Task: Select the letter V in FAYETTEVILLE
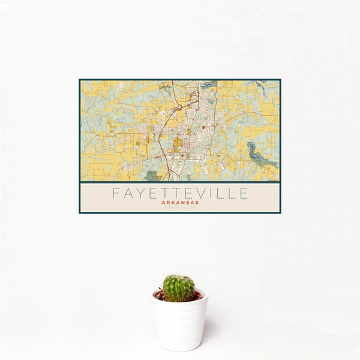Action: point(202,193)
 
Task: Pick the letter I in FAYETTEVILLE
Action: point(214,193)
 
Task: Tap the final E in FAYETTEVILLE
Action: point(244,193)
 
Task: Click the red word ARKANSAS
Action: point(179,203)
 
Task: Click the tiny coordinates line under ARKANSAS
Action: point(179,208)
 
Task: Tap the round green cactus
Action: point(179,288)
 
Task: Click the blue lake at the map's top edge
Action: point(208,85)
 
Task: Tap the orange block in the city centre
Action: point(178,144)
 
